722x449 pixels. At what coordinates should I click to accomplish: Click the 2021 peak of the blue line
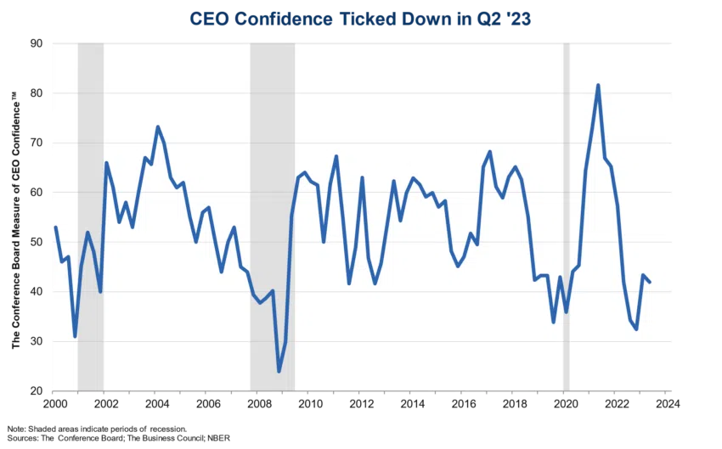coord(598,85)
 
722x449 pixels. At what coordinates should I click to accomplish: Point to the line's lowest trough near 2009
coord(279,372)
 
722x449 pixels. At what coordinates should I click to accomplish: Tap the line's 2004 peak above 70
coord(157,126)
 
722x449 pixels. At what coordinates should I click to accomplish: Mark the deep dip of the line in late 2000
coord(75,336)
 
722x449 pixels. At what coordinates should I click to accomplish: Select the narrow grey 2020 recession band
coord(567,216)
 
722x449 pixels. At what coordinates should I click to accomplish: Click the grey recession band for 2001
coord(90,216)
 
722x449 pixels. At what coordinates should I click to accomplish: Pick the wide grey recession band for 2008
coord(272,216)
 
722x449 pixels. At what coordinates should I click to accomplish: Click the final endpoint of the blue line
coord(650,282)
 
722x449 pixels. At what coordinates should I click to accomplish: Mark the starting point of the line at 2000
coord(54,227)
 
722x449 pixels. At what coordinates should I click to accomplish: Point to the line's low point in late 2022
coord(636,329)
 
